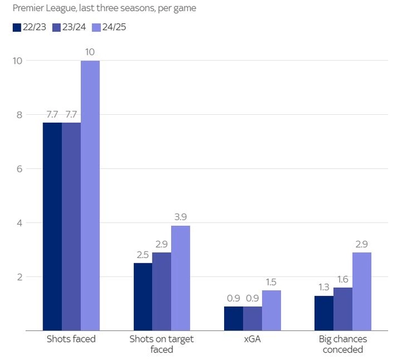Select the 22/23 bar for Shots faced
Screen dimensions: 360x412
coord(52,226)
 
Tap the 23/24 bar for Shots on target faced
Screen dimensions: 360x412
coord(161,291)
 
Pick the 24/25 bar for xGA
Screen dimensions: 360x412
coord(271,310)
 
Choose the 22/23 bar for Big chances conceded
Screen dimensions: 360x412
coord(324,313)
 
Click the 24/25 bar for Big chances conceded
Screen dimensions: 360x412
coord(362,291)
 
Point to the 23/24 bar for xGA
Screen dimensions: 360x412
coord(252,318)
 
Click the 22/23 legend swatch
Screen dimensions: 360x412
coord(17,28)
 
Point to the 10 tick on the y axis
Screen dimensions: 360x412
coord(17,61)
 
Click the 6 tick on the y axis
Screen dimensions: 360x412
coord(20,169)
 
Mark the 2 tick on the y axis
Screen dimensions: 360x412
coord(20,277)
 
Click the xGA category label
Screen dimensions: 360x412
coord(252,339)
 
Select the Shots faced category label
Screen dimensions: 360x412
coord(71,339)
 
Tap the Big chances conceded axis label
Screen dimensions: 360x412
coord(343,344)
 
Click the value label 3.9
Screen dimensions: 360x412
coord(180,217)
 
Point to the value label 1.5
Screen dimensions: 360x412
coord(271,282)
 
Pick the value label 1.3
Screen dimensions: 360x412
coord(324,287)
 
